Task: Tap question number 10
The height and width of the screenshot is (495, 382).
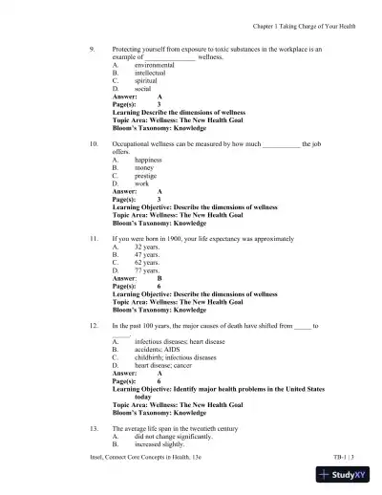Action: (x=93, y=143)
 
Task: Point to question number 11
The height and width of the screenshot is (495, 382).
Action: (x=93, y=236)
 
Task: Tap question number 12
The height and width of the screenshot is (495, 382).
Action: (x=93, y=326)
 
